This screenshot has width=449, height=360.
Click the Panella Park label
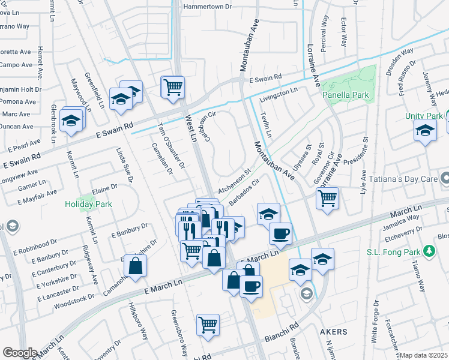coord(345,95)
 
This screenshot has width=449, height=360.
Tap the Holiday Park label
coord(88,204)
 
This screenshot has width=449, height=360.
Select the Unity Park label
coord(423,115)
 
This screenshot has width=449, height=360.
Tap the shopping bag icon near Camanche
coord(136,266)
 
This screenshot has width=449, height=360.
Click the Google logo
coord(20,352)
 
